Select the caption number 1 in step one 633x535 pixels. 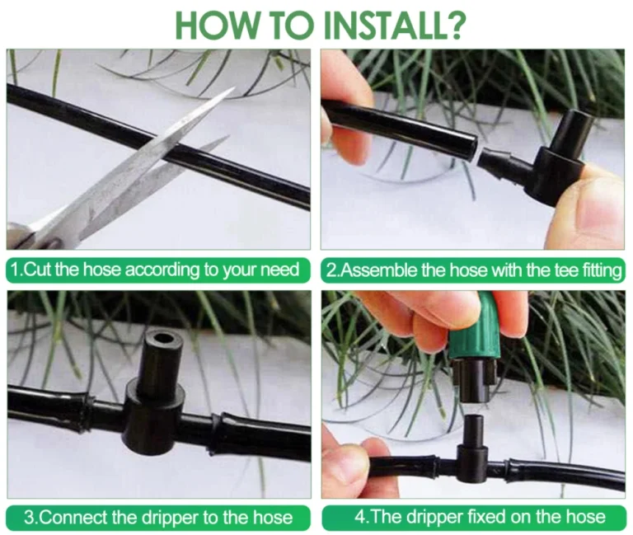click(16, 270)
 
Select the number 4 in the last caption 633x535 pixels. click(359, 517)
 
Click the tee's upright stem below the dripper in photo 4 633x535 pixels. click(473, 431)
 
